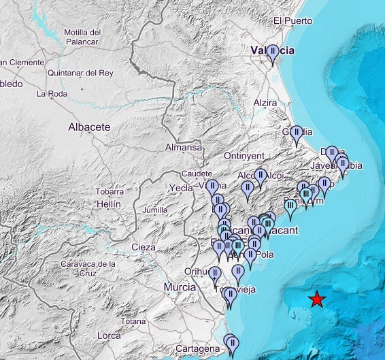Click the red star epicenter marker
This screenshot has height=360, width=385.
click(316, 299)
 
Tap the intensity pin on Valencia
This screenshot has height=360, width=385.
click(273, 52)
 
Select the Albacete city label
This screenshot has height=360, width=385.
click(89, 127)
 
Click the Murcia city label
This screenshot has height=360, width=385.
click(180, 288)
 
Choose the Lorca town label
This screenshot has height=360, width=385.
click(108, 336)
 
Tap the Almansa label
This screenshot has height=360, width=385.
click(184, 148)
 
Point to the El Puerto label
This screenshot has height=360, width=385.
click(292, 21)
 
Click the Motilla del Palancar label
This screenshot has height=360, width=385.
click(82, 36)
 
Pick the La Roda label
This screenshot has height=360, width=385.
click(50, 94)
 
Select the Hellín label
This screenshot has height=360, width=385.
click(108, 204)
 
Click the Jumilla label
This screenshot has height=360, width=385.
click(155, 210)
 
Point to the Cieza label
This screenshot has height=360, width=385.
click(144, 246)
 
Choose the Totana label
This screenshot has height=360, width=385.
click(133, 321)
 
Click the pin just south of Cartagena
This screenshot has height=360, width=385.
click(233, 342)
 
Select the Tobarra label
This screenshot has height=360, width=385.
click(110, 192)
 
